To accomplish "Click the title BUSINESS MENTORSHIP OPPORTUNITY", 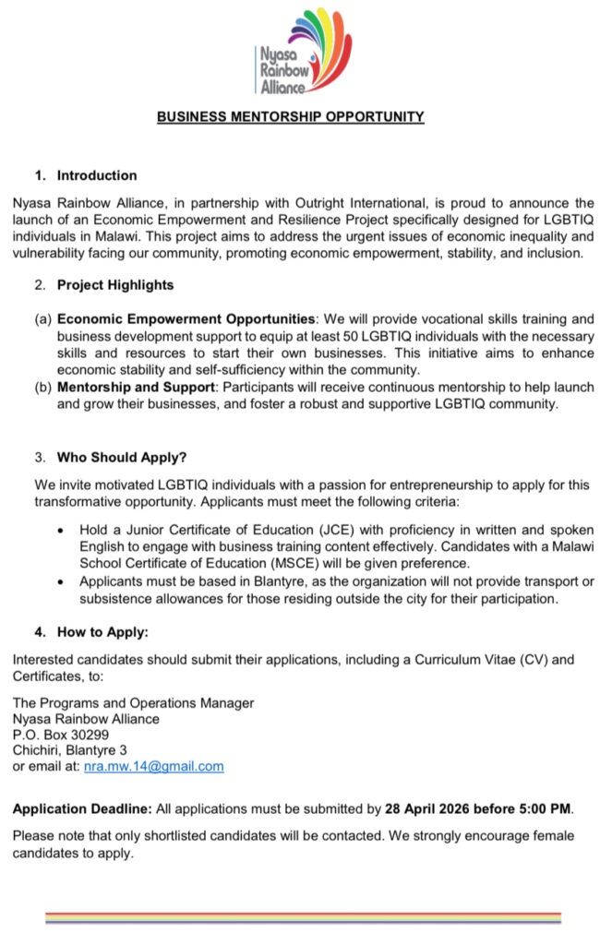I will (x=290, y=117).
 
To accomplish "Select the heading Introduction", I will (x=97, y=175).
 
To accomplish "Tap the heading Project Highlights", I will (x=114, y=285).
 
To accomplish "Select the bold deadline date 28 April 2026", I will (x=427, y=809).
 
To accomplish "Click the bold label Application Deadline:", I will (x=82, y=809).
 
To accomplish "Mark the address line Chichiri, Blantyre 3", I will (x=69, y=750).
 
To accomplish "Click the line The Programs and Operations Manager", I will (x=133, y=703).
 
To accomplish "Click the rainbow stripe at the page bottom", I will (x=303, y=918).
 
